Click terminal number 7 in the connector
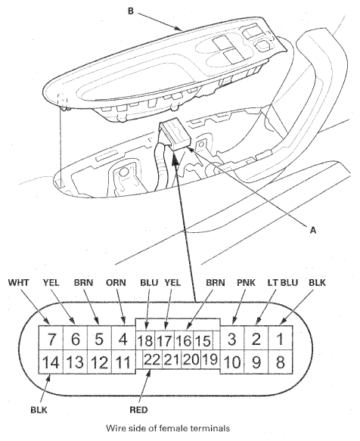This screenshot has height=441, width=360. [51, 338]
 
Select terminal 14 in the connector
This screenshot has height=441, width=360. [51, 362]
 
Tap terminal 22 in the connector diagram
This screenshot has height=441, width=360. [153, 359]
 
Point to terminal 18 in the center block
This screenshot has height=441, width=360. [145, 340]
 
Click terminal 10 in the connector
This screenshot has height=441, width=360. [232, 362]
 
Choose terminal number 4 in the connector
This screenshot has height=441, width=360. [123, 338]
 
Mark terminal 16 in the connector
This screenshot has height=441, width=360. [184, 340]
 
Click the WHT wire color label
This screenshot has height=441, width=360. [19, 282]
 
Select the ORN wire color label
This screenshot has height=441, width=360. [116, 282]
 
